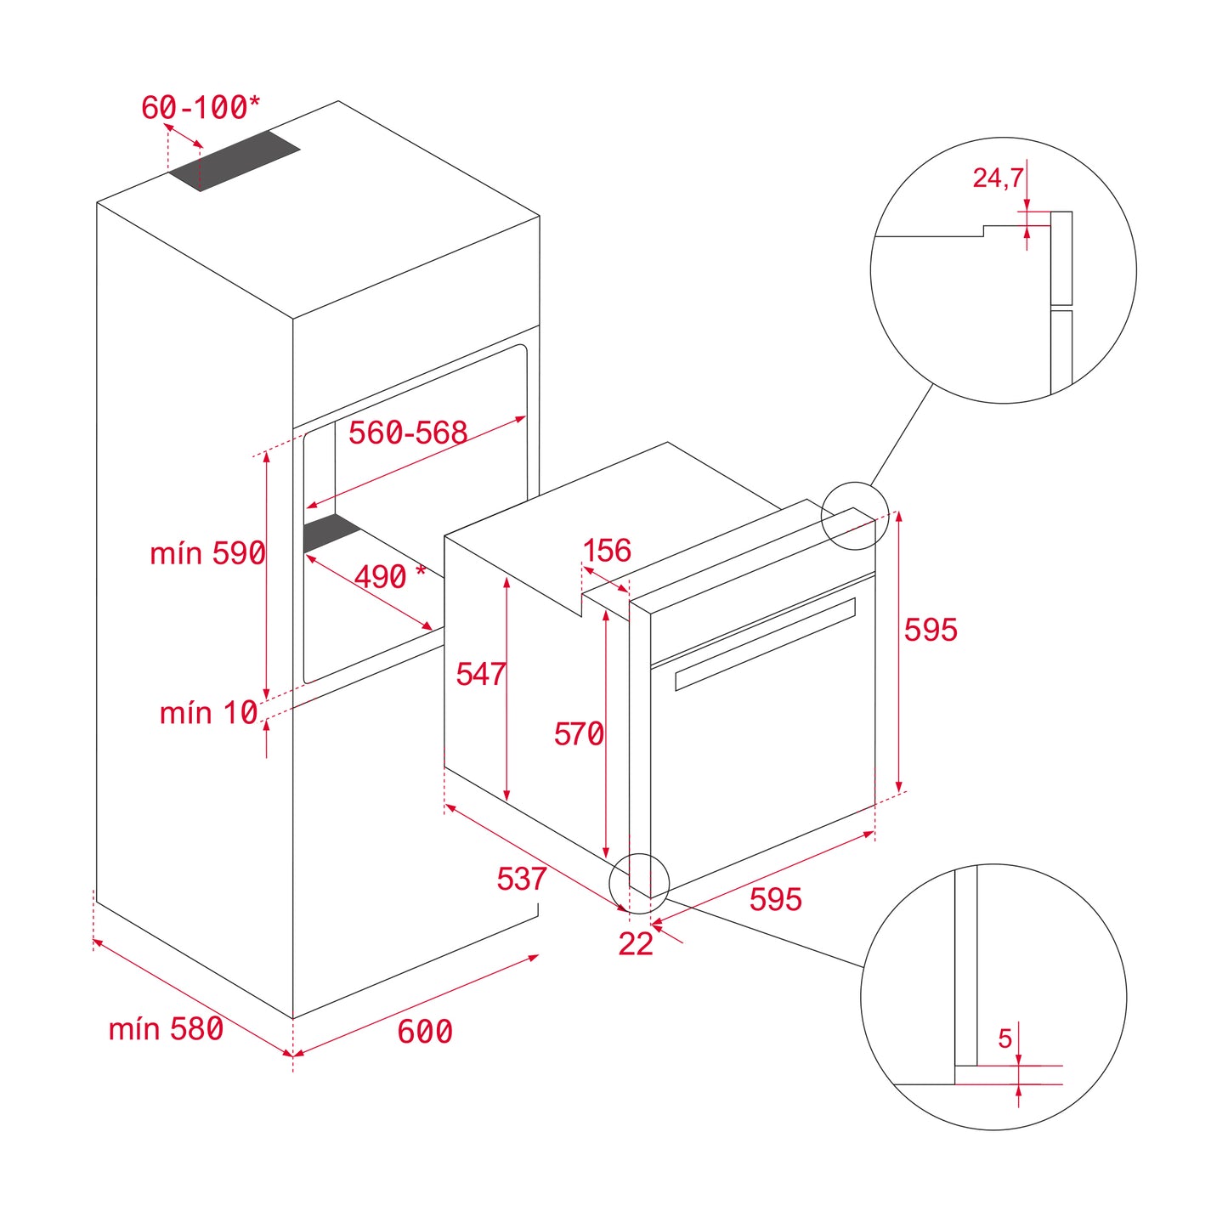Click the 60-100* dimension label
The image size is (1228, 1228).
point(201,108)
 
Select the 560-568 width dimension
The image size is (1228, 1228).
point(408,433)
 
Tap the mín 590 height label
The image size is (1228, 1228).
point(207,553)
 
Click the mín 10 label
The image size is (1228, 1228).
point(208,712)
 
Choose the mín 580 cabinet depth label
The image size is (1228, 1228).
point(166,1029)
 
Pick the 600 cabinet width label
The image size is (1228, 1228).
point(425,1032)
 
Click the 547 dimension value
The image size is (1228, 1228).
point(481,674)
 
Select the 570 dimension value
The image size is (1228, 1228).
point(579,733)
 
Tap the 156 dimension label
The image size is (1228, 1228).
point(607,551)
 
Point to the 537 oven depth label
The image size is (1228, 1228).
point(522,879)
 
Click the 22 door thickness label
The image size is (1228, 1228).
point(636,944)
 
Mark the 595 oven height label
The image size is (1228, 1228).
point(931,630)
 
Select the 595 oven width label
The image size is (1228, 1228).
point(775,899)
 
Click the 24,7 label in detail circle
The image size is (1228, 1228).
point(998,178)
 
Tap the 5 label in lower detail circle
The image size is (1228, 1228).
point(1005,1038)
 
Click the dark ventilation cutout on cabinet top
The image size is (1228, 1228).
point(235,161)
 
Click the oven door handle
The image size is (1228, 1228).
point(765,643)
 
